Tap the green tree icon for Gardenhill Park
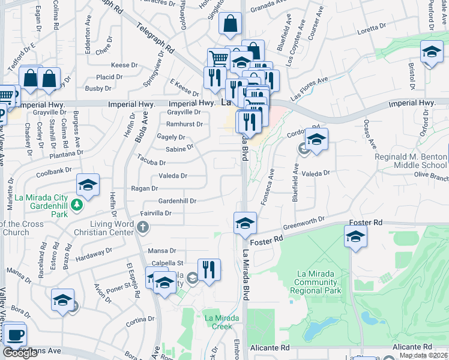tap(76, 205)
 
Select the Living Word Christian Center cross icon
tap(142, 227)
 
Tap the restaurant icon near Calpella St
tap(209, 270)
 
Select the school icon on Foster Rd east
tap(355, 238)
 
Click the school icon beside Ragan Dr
tap(88, 185)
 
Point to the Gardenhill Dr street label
tap(177, 201)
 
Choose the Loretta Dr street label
tap(371, 28)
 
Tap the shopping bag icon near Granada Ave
tap(230, 24)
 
